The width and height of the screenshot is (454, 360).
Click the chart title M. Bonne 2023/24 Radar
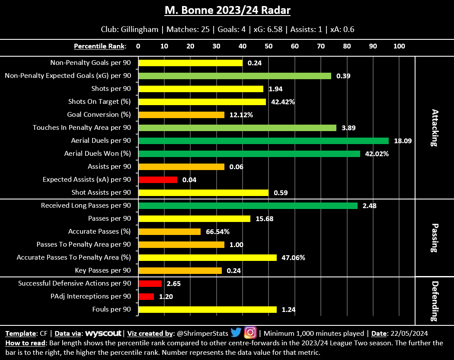[227, 10]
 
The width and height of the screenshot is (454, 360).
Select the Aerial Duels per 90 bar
[263, 141]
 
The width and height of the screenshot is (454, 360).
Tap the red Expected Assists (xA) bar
[158, 180]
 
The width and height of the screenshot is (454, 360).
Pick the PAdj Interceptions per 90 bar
[146, 296]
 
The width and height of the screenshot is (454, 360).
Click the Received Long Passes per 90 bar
[248, 206]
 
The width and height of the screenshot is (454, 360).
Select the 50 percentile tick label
[269, 46]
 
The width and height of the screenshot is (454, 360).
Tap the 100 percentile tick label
[399, 46]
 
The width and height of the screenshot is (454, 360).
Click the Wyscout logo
[104, 334]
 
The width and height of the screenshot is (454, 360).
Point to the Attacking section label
[435, 128]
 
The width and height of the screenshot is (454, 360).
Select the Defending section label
[435, 301]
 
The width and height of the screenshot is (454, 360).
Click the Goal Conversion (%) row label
[99, 115]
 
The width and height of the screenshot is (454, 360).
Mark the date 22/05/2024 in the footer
[409, 334]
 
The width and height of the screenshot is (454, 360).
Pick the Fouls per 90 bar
[208, 309]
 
